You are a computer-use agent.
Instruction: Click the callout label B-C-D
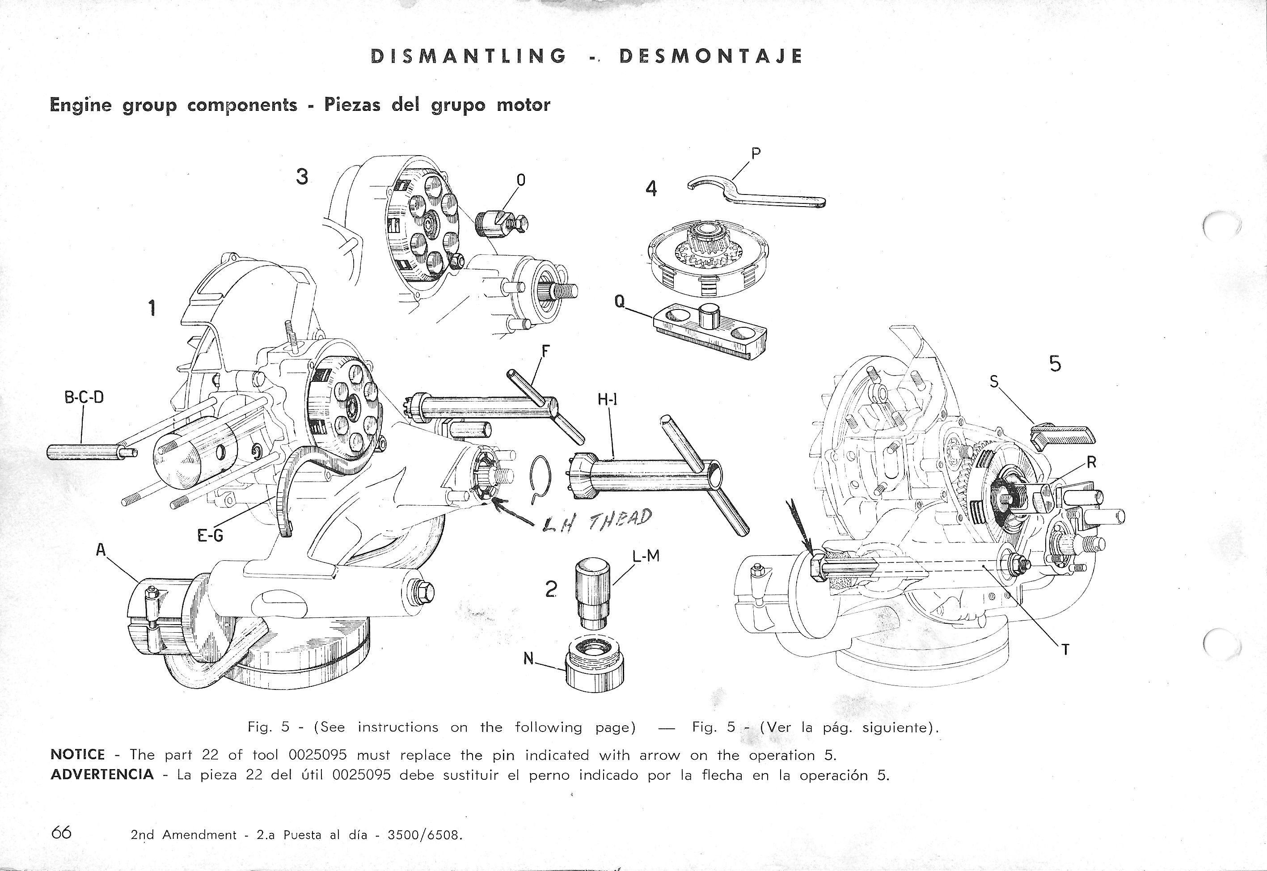pos(84,397)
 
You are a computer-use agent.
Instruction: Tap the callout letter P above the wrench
pos(756,154)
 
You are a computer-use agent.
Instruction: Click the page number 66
pos(61,832)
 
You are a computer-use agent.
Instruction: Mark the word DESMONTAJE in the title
pos(710,56)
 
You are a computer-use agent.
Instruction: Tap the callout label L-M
pos(646,556)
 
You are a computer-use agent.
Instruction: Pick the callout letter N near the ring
pos(528,659)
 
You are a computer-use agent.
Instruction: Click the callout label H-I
pos(607,399)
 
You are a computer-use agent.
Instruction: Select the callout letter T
pos(1064,649)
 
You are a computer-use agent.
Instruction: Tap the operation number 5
pos(1055,364)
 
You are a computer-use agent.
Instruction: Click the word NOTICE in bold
pos(77,755)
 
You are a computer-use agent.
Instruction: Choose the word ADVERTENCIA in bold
pos(102,775)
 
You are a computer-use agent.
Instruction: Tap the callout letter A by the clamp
pos(101,550)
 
